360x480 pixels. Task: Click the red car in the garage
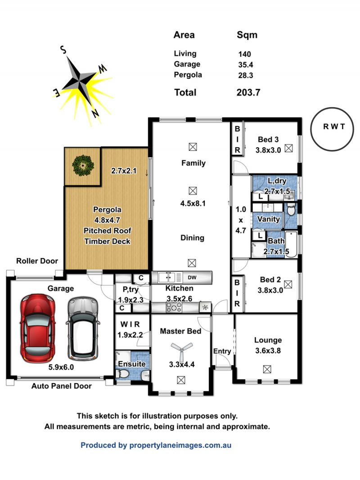tap(38, 328)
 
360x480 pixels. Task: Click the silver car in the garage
tap(83, 328)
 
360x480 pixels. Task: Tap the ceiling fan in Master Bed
tap(182, 349)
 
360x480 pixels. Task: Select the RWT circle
tap(332, 129)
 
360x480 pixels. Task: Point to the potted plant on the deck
tap(82, 166)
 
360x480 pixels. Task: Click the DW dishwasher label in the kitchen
tap(192, 278)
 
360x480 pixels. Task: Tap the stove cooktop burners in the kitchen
tap(174, 308)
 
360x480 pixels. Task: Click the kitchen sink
tap(166, 277)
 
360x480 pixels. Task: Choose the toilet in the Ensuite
tap(123, 374)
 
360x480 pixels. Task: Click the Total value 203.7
tap(248, 92)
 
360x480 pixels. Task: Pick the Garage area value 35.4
tap(246, 65)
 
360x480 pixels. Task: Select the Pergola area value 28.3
tap(246, 75)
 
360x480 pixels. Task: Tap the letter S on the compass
tap(63, 50)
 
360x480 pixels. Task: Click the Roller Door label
tap(37, 261)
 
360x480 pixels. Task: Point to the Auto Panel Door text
tap(62, 386)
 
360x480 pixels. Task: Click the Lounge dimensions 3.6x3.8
tap(268, 350)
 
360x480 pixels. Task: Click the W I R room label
tap(130, 324)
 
